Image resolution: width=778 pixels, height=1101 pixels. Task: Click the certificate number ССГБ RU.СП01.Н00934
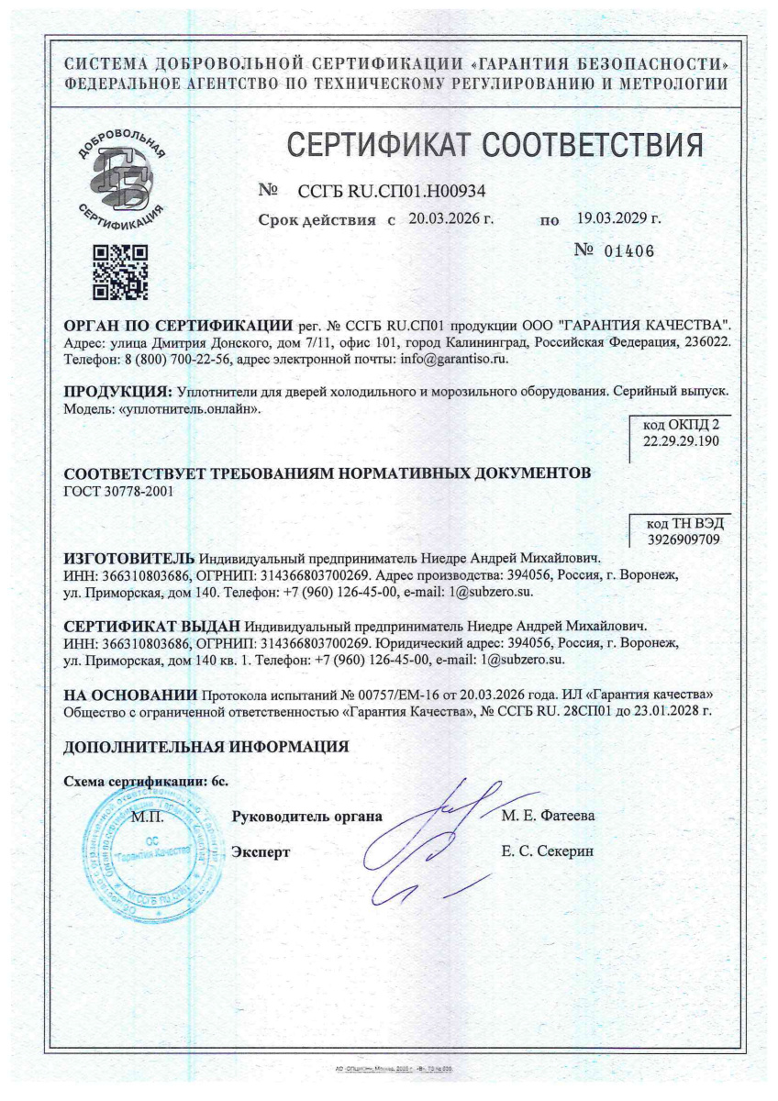pos(392,191)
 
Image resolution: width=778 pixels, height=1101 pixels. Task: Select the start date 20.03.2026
pos(450,220)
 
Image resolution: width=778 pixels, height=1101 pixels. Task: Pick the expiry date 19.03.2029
pos(618,220)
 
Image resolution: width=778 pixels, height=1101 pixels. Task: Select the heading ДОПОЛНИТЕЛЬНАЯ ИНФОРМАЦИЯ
pos(206,747)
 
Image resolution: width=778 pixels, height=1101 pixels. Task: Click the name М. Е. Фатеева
pos(549,815)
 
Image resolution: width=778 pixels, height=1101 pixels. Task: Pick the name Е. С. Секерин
pos(548,851)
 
